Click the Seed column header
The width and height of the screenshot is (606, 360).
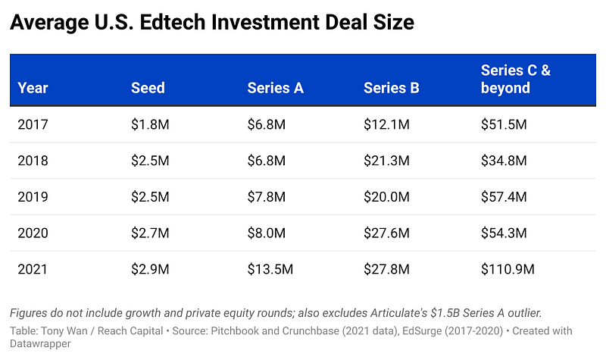coord(148,88)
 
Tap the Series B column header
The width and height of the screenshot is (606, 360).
coord(391,88)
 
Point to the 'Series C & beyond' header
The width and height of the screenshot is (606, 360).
coord(516,80)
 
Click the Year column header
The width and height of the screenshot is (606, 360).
coord(33,88)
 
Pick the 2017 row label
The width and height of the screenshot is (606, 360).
coord(33,124)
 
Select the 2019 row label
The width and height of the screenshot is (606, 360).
coord(33,197)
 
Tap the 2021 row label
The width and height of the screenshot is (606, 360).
coord(33,269)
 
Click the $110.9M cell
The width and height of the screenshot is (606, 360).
coord(508,269)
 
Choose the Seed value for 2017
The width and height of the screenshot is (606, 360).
coord(150,124)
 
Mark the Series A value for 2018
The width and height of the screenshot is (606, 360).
coord(267,161)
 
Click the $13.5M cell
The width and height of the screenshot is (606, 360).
coord(270,269)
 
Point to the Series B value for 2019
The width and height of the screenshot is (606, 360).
coord(386,197)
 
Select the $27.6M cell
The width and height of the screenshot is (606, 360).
coord(386,233)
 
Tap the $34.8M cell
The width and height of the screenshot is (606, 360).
coord(504,161)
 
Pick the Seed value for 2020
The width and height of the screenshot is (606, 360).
coord(150,233)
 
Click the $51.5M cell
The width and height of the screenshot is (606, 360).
coord(504,124)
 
